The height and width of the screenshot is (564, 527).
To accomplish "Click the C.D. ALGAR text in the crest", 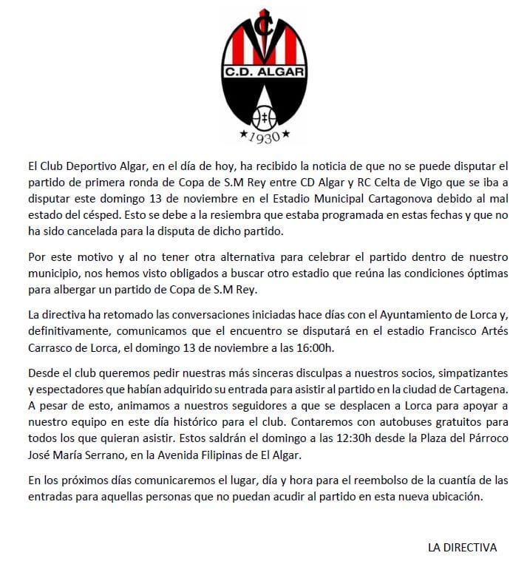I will coord(262,72).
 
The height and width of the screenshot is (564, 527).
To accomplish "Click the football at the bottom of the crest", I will coord(264,116).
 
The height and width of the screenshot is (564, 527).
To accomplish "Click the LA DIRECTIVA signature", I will coord(462,547).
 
